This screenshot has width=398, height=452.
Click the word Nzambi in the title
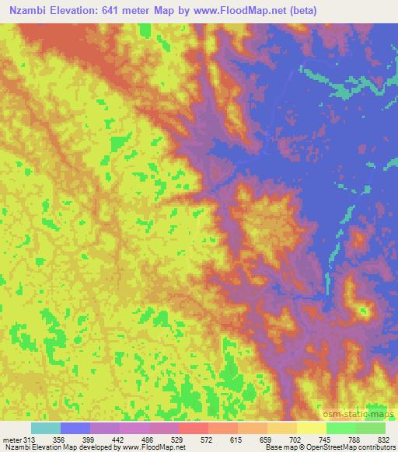click(33, 10)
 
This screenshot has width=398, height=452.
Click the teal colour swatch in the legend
click(46, 428)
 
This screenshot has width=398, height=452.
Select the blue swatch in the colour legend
click(75, 428)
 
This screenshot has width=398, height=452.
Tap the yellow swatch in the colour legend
click(312, 428)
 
